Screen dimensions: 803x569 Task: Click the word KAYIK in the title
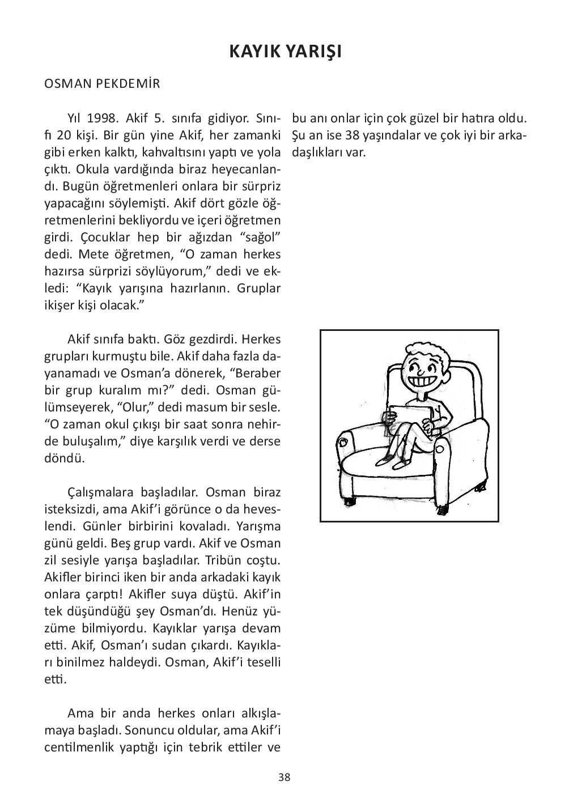254,52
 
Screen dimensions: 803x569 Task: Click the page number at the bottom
284,777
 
